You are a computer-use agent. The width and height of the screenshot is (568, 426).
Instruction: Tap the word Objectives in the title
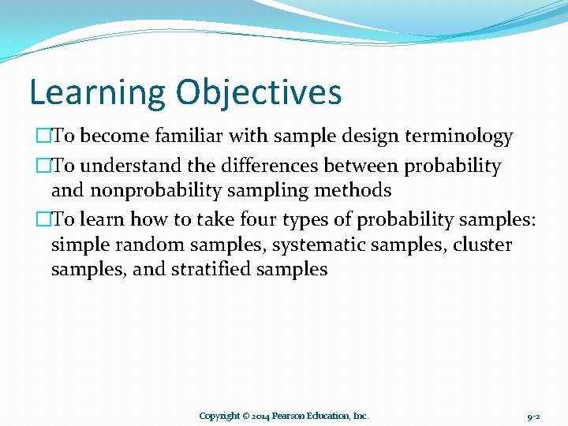259,92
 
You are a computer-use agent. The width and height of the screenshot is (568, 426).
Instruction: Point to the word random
137,245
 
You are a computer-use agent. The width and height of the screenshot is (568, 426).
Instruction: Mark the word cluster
483,245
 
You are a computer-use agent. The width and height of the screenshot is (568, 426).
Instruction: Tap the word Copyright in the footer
219,416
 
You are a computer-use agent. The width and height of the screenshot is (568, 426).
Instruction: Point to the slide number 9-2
533,416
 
